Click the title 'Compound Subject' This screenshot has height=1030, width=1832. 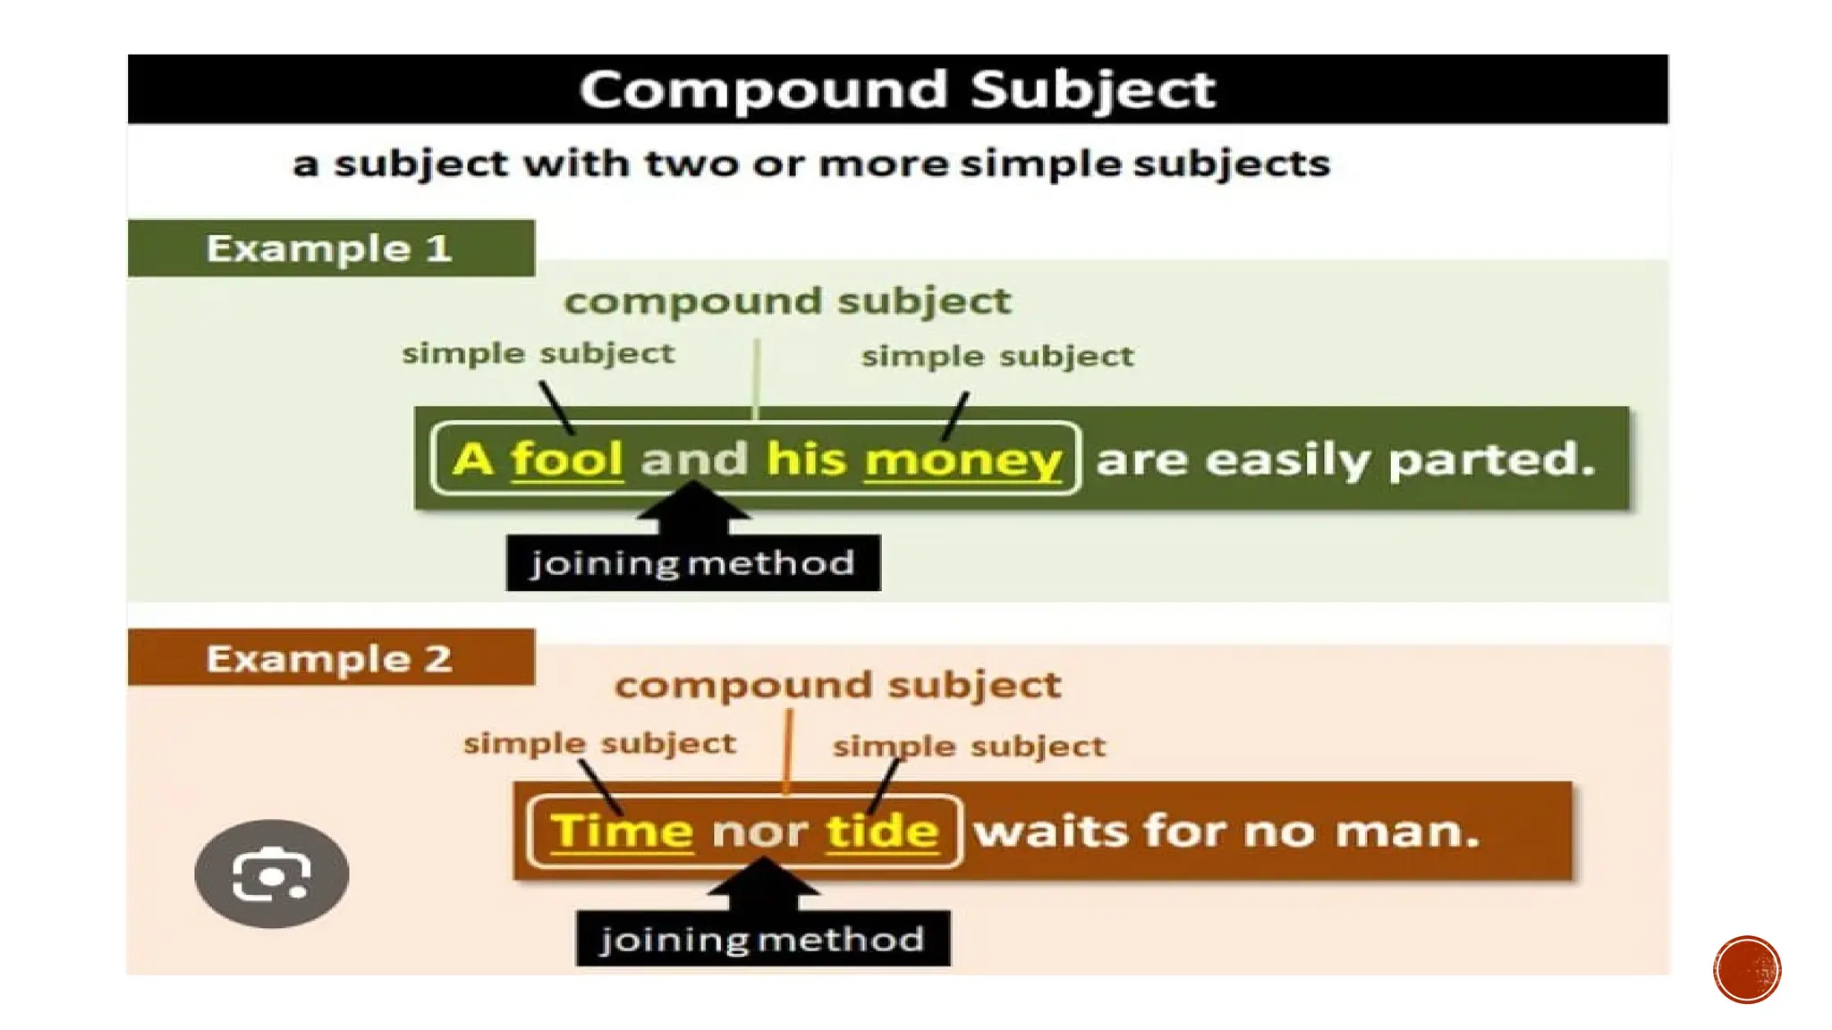pyautogui.click(x=897, y=89)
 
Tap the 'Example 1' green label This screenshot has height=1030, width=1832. pyautogui.click(x=329, y=249)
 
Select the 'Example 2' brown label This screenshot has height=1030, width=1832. pyautogui.click(x=329, y=659)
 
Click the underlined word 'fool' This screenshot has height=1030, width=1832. pyautogui.click(x=566, y=460)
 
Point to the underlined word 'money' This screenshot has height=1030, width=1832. pyautogui.click(x=963, y=461)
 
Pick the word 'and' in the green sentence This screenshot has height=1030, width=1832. pyautogui.click(x=693, y=460)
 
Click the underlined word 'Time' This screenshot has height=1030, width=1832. pyautogui.click(x=622, y=832)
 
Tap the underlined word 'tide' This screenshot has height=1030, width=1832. pyautogui.click(x=882, y=832)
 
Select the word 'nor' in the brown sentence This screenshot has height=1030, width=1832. pyautogui.click(x=759, y=833)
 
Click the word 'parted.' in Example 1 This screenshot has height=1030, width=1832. pyautogui.click(x=1491, y=460)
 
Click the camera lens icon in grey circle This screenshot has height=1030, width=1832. pyautogui.click(x=271, y=874)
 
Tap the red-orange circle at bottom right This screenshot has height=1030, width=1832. pyautogui.click(x=1747, y=970)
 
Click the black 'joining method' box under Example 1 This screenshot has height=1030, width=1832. pyautogui.click(x=693, y=563)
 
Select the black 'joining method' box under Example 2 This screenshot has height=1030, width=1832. pyautogui.click(x=763, y=939)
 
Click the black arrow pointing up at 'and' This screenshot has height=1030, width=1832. pyautogui.click(x=693, y=508)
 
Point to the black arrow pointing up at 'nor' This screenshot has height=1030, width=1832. pyautogui.click(x=763, y=882)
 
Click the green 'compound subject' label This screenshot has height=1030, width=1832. pyautogui.click(x=787, y=301)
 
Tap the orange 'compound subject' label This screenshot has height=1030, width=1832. pyautogui.click(x=837, y=686)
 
